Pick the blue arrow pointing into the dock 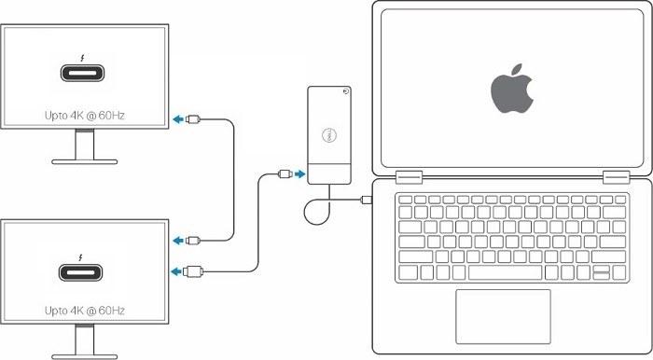pos(299,173)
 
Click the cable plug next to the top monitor pos(192,118)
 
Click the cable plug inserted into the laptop pos(367,199)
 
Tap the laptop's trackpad pos(503,314)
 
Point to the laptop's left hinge pos(407,175)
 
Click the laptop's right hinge pos(617,175)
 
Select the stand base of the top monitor pos(85,160)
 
